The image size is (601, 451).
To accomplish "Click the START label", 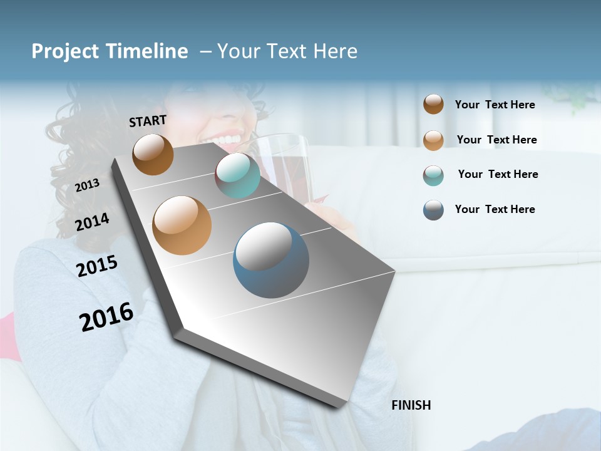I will (148, 121).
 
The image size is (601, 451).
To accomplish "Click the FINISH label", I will (411, 405).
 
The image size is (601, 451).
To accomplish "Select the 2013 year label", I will (87, 185).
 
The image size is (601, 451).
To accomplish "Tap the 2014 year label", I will (92, 222).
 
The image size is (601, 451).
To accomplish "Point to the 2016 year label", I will (106, 317).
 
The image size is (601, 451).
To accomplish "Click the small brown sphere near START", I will (153, 154).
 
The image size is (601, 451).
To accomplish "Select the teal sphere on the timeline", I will (237, 175).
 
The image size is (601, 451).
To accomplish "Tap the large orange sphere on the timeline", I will (182, 225).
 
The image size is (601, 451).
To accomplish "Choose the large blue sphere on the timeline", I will (271, 260).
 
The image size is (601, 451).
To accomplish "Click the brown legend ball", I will (433, 104).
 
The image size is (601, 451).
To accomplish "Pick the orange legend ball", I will (433, 140).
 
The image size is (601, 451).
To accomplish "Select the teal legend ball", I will (433, 175).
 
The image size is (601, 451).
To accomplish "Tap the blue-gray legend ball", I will (433, 210).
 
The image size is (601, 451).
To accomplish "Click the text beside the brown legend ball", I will (495, 105).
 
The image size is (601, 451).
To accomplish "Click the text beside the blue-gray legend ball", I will (495, 209).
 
